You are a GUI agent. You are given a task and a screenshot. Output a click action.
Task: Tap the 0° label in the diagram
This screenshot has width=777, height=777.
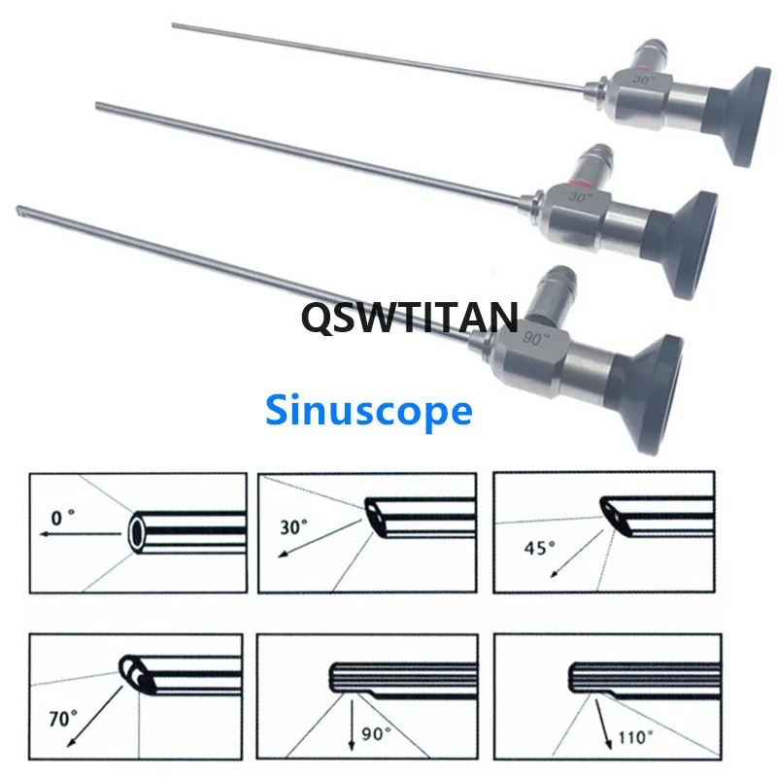coord(63,520)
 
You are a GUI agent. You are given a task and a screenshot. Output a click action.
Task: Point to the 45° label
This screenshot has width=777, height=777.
coord(538,547)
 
